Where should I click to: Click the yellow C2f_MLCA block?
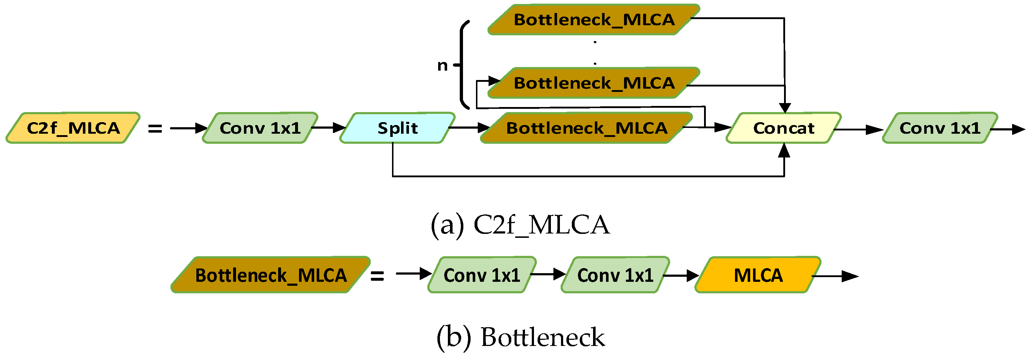click(73, 128)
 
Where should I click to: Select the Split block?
click(397, 128)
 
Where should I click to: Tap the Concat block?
click(783, 128)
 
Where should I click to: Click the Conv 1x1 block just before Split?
click(260, 128)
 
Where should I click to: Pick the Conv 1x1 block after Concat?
click(940, 128)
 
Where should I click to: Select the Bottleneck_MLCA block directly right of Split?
click(586, 128)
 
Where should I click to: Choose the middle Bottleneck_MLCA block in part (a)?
click(594, 83)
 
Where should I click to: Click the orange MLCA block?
click(757, 275)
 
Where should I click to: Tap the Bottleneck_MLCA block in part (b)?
click(271, 275)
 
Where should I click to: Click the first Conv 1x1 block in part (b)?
click(482, 275)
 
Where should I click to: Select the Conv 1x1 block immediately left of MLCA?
click(615, 275)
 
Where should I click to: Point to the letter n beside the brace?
click(442, 65)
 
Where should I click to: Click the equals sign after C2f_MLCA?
click(155, 129)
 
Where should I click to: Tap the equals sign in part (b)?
click(377, 276)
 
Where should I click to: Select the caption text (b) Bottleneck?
click(520, 337)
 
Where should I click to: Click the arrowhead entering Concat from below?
click(784, 150)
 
